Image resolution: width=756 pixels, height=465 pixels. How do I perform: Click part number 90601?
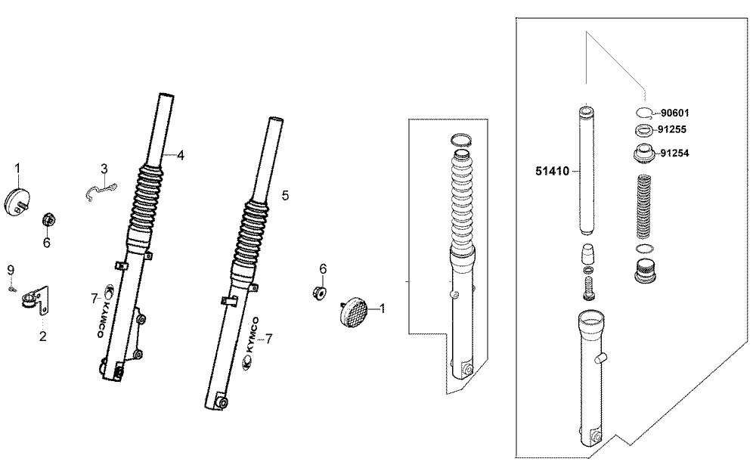[x=674, y=113]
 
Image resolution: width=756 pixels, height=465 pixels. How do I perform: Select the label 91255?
[x=671, y=129]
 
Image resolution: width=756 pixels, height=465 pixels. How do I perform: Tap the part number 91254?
[x=674, y=153]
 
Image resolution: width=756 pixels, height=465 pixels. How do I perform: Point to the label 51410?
[x=552, y=171]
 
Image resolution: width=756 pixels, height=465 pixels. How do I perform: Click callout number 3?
[x=104, y=169]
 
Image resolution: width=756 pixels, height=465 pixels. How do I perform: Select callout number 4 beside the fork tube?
[x=181, y=155]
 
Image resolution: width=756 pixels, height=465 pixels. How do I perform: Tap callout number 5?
[x=286, y=196]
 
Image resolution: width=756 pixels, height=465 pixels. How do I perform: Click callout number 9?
[x=11, y=270]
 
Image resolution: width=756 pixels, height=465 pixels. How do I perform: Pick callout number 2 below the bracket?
[x=43, y=336]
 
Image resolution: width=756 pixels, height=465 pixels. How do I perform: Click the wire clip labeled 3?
[x=103, y=190]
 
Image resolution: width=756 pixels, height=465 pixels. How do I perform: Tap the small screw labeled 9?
[x=11, y=290]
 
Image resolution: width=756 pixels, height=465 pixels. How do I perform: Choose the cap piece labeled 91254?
[x=643, y=153]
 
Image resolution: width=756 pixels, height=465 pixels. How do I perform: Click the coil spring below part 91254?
[x=643, y=206]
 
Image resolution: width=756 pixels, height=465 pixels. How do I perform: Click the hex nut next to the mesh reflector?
[x=319, y=292]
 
